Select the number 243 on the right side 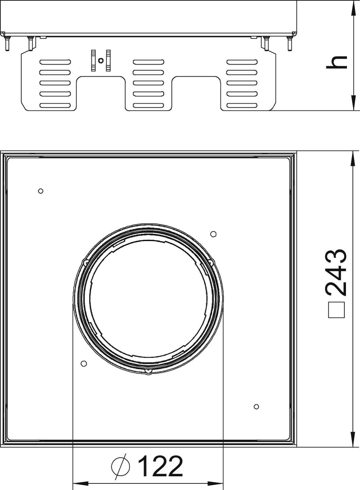tap(336, 272)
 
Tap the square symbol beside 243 tap(336, 309)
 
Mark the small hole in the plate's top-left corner tap(41, 191)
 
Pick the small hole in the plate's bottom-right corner tap(256, 406)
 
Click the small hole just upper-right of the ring tap(213, 234)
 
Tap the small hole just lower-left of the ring tap(83, 363)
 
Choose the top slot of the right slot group tap(242, 62)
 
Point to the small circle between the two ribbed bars tap(101, 60)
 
